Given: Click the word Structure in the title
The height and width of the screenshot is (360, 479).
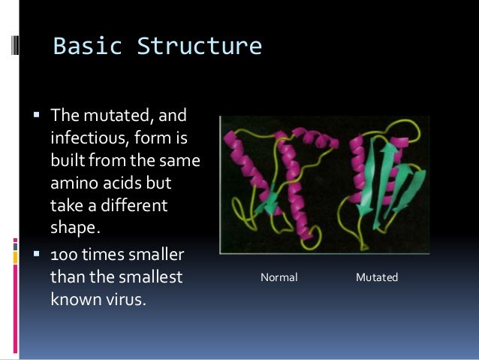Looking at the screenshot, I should click(199, 47).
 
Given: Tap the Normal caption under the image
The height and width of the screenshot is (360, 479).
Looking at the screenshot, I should click(279, 278).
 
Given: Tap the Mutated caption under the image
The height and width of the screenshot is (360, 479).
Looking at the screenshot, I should click(377, 278).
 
